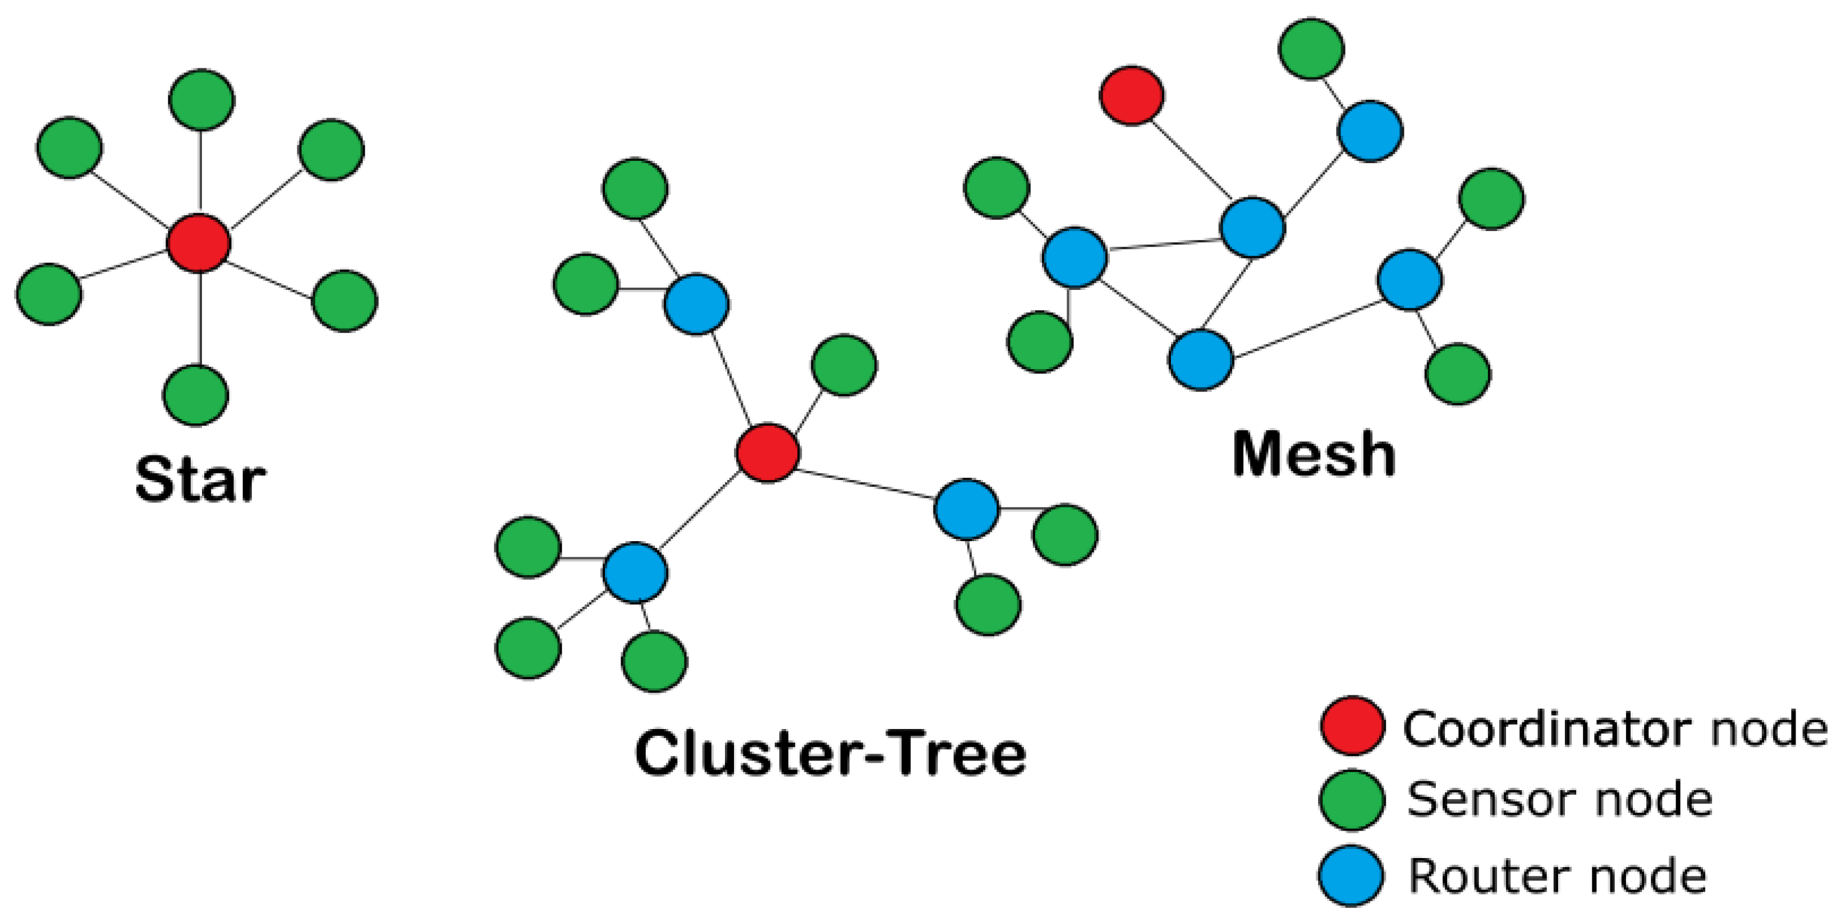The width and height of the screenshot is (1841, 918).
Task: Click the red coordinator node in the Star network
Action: [x=199, y=243]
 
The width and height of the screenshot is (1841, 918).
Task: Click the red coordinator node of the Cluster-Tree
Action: [x=768, y=453]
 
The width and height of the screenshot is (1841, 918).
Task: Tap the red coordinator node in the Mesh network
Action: [x=1131, y=96]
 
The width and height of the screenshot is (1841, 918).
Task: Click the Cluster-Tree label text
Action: [x=830, y=754]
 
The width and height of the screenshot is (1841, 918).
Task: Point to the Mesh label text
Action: [x=1314, y=454]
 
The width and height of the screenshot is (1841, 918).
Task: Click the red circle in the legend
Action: [x=1352, y=726]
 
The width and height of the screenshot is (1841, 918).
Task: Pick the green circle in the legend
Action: [x=1352, y=800]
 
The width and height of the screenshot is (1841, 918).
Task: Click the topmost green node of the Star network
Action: [x=201, y=99]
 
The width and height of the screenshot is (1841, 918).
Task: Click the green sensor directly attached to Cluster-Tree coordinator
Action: [x=844, y=365]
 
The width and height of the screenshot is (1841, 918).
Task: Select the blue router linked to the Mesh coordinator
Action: [x=1252, y=227]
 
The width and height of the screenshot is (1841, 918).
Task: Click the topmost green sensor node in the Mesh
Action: [x=1311, y=49]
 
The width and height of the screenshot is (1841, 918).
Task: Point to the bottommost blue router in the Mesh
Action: [x=1201, y=359]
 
